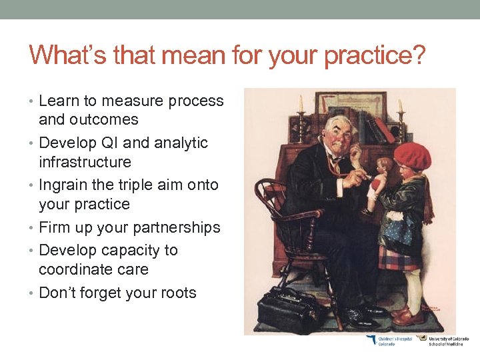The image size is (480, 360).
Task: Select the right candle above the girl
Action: tap(401, 107)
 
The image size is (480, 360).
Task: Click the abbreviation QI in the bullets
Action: tap(109, 143)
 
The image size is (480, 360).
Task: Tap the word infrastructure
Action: tap(85, 162)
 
